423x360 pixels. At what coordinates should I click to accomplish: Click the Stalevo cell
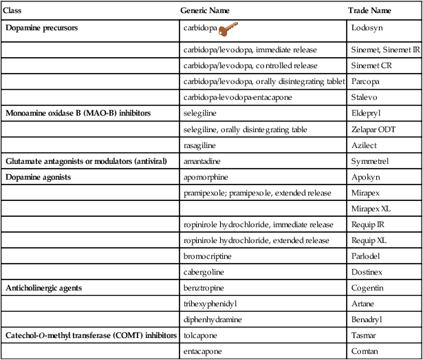click(365, 98)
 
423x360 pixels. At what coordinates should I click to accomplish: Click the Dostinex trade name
click(368, 271)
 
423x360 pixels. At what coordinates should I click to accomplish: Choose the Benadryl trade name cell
click(369, 319)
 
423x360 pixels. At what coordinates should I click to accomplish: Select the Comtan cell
click(366, 352)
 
